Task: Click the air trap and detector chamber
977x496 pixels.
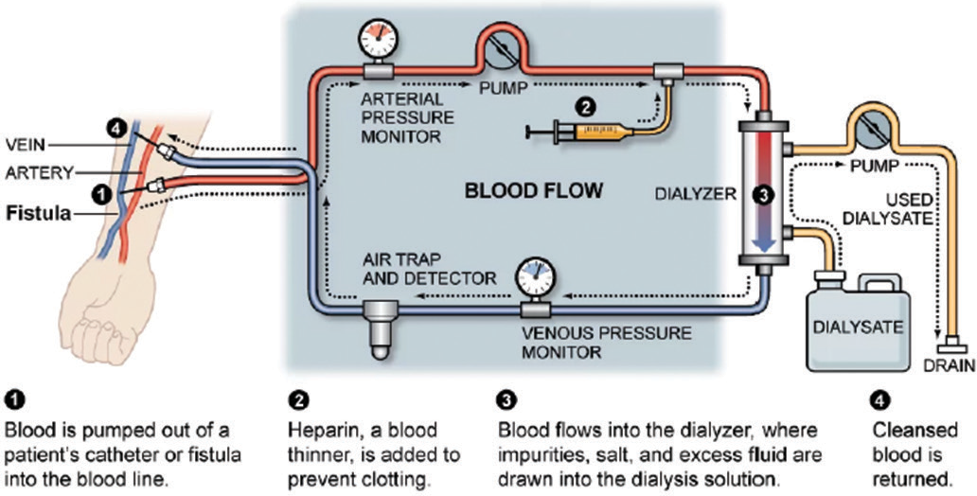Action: (382, 326)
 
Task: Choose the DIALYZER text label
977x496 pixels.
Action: (692, 194)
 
